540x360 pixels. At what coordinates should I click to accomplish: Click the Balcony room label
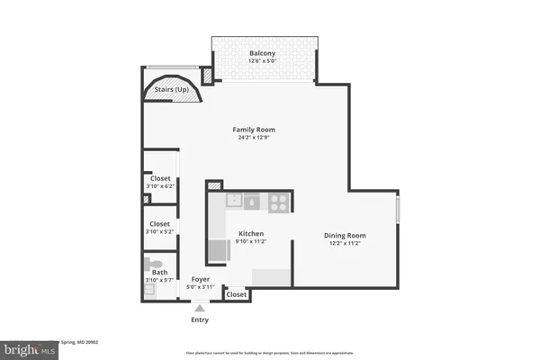263,53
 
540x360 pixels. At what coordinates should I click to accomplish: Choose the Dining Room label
345,236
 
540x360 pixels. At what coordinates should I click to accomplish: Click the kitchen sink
234,201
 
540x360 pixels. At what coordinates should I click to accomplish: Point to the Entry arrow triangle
199,308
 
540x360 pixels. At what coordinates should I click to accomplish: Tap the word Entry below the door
199,319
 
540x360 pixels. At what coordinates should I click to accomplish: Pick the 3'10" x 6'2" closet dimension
159,185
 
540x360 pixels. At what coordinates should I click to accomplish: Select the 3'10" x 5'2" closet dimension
159,232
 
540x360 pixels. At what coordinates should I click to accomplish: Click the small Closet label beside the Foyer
237,294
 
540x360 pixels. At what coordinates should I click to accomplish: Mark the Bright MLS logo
29,346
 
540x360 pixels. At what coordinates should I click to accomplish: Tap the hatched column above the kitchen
213,186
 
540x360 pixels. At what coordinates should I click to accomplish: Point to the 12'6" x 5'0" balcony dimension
263,62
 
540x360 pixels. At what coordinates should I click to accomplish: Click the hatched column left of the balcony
206,76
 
